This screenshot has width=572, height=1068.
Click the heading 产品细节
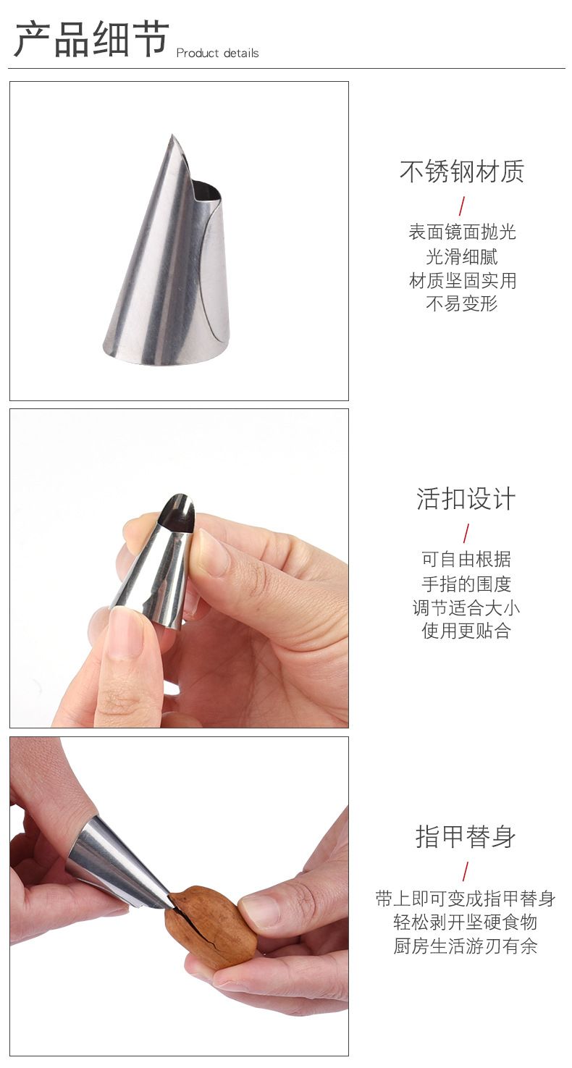(x=91, y=39)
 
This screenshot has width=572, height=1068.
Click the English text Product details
(x=217, y=53)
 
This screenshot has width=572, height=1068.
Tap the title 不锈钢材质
(x=462, y=172)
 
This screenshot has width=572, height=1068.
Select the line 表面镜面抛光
(x=463, y=232)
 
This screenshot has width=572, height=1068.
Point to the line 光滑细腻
(x=462, y=256)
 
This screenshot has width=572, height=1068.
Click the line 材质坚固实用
(x=463, y=280)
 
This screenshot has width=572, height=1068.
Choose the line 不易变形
(x=462, y=303)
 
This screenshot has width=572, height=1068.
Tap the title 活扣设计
(x=466, y=499)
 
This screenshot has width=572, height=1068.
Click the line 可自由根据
(x=466, y=559)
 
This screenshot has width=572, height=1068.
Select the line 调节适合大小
(x=466, y=608)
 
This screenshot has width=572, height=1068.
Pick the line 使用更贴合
(x=466, y=631)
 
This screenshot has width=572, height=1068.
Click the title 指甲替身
(x=466, y=836)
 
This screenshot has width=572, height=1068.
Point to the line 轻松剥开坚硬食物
(x=466, y=922)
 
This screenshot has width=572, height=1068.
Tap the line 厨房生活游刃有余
(x=466, y=946)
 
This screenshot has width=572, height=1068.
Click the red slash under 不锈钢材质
(x=461, y=206)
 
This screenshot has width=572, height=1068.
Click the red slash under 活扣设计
(x=466, y=533)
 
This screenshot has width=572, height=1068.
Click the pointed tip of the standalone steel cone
(x=172, y=135)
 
